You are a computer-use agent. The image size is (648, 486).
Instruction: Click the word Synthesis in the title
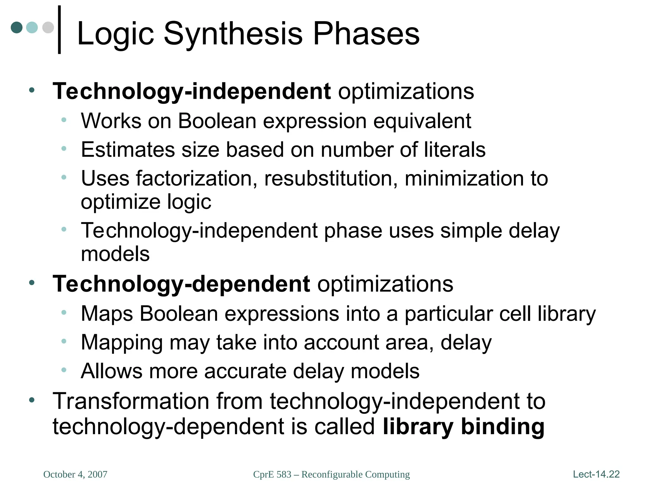233,34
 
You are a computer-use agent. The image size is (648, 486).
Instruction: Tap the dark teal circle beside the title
17,28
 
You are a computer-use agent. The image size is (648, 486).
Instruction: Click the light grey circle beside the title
48,28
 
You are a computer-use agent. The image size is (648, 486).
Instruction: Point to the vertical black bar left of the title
59,30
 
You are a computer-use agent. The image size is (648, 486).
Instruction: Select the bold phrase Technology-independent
192,91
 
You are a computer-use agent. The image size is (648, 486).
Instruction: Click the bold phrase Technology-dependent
181,284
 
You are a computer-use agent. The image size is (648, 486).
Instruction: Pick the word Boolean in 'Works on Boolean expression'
217,121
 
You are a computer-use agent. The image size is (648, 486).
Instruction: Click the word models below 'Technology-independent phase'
115,254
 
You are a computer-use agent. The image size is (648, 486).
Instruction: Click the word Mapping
122,343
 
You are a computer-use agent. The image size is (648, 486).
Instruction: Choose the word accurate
245,371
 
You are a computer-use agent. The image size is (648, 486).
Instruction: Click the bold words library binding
464,427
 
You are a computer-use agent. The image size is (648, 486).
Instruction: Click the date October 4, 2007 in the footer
75,474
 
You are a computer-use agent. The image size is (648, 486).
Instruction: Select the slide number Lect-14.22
596,474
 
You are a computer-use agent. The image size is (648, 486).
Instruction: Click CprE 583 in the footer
272,474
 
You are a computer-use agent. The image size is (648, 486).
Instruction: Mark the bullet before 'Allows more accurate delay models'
64,370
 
